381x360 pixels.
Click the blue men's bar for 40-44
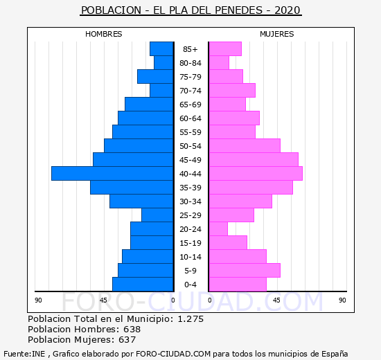112,174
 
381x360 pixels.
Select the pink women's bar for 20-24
218,229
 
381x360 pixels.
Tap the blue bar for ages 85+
162,49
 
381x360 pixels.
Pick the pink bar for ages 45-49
254,160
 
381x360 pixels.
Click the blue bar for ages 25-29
158,215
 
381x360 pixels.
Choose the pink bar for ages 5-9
245,271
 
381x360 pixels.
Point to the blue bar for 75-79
155,77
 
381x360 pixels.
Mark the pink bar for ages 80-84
219,63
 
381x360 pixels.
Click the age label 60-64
190,118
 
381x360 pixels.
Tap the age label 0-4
190,285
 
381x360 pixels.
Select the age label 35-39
190,188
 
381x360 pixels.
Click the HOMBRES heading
103,34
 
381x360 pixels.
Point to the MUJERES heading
277,34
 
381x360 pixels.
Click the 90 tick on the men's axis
38,300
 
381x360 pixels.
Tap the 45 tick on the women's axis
276,300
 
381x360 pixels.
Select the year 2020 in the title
287,10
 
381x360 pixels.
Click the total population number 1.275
190,318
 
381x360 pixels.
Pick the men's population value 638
132,329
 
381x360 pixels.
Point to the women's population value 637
127,340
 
